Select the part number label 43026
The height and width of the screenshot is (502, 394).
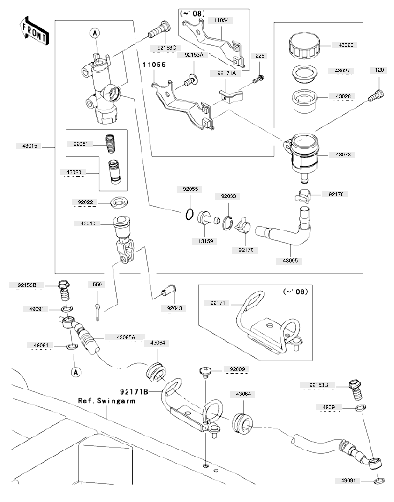tap(346, 45)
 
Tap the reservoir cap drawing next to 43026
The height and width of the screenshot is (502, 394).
tap(305, 45)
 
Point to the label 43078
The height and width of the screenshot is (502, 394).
tap(343, 155)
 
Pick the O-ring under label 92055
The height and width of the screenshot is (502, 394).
tap(189, 214)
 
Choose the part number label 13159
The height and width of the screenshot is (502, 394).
tap(205, 241)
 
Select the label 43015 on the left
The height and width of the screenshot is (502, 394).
tap(30, 146)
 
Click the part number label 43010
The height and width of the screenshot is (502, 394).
tap(88, 223)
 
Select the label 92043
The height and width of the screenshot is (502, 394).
tap(175, 308)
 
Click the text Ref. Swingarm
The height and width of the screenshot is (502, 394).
tap(107, 401)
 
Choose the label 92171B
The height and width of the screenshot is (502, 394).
tap(134, 392)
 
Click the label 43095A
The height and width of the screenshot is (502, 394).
tap(126, 337)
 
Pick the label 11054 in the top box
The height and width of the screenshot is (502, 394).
tap(221, 20)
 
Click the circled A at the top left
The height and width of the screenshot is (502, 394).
tap(95, 33)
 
